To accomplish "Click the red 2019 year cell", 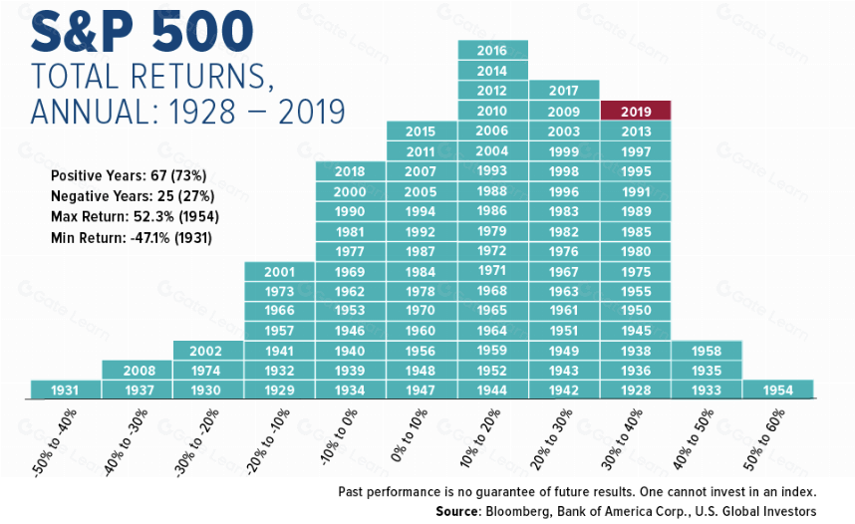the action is point(636,111).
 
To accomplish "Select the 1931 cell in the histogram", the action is point(66,390).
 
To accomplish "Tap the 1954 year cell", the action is point(777,390).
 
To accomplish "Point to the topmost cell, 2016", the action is point(493,50).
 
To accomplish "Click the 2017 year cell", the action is point(564,90).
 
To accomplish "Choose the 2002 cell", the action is point(207,351).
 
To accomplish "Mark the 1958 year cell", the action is point(707,351).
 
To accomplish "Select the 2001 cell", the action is point(279,272).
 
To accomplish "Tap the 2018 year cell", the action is point(350,171).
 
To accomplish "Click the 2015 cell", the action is point(421,131).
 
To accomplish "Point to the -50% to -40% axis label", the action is point(55,442).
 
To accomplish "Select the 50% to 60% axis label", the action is point(764,439).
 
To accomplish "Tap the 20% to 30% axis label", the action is point(551,439).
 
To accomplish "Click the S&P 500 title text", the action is point(142,32).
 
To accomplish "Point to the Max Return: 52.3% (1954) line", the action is point(135,216).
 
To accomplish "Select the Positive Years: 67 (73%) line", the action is point(129,175).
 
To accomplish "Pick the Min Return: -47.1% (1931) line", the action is point(132,238).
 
